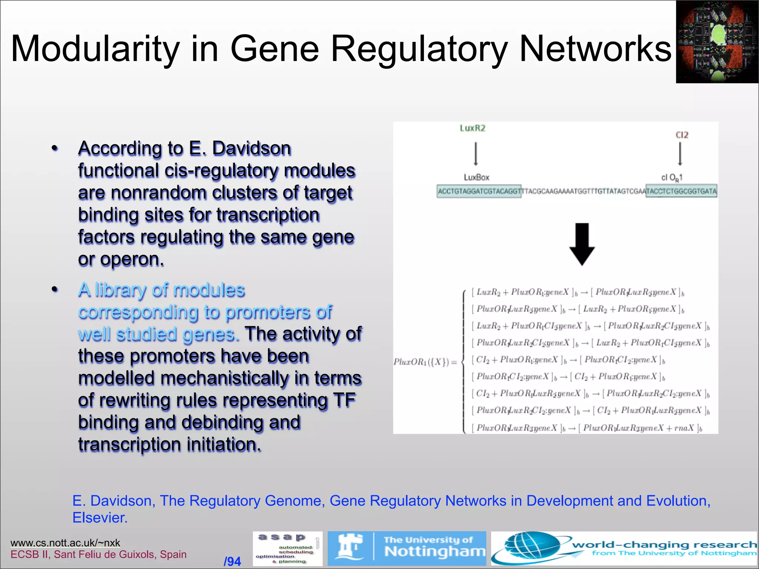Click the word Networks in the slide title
(595, 49)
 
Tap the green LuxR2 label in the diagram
(473, 128)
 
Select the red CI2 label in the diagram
(682, 135)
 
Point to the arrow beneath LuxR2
(476, 154)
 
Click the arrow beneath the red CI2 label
(680, 154)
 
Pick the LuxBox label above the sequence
(477, 177)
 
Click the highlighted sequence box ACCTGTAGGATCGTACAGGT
(479, 191)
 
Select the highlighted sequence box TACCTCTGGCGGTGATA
(681, 191)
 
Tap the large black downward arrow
(582, 244)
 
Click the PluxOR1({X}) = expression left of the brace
(425, 362)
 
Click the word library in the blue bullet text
(120, 290)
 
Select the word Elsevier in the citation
(100, 518)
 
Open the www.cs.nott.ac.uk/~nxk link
(65, 543)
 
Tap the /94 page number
(232, 562)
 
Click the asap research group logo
(288, 549)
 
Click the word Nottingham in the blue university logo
(435, 552)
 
